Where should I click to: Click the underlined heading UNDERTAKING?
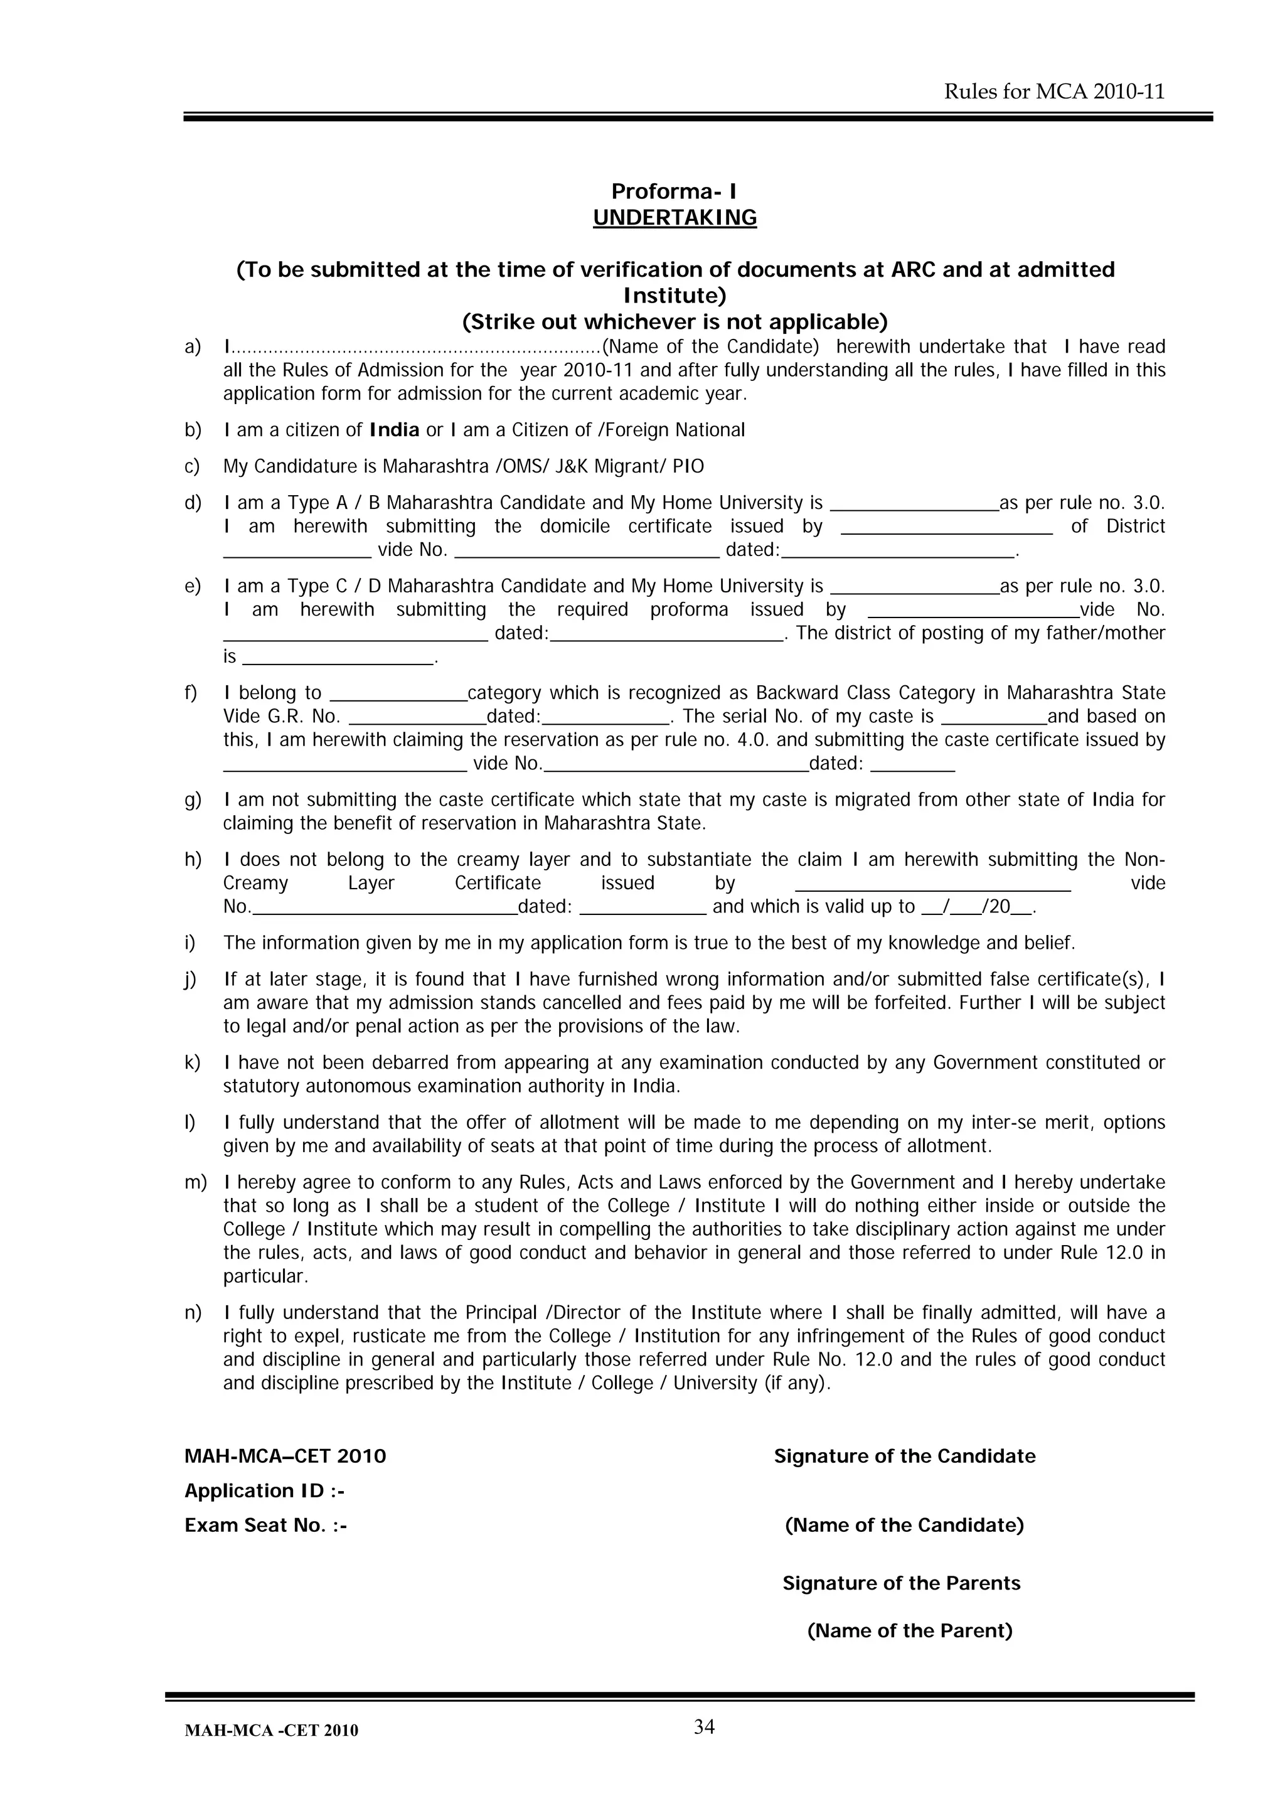(674, 218)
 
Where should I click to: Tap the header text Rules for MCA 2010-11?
(1054, 92)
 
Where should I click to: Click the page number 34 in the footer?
(704, 1727)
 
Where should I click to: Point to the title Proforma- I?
(674, 191)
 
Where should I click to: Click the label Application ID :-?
(264, 1491)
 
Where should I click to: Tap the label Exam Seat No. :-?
(266, 1525)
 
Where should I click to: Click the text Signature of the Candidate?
(904, 1456)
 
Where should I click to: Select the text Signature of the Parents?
(901, 1583)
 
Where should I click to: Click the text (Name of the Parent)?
(910, 1630)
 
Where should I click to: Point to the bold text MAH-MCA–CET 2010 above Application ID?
(285, 1456)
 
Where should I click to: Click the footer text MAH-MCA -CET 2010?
(271, 1731)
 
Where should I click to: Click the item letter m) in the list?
(195, 1182)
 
